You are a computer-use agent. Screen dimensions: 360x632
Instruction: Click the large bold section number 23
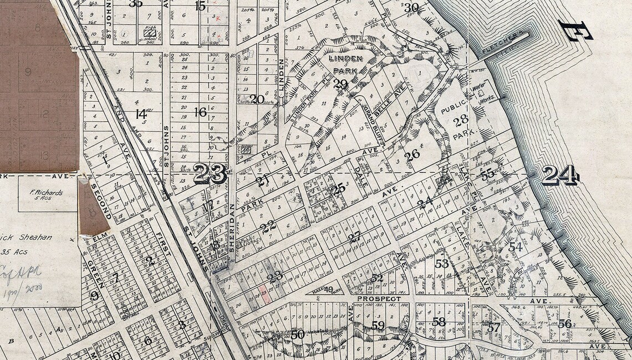pos(210,175)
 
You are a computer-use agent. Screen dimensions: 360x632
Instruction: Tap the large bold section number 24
pos(560,176)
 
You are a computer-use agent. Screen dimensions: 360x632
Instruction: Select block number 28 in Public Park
pos(461,119)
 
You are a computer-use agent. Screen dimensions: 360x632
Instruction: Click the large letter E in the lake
pos(574,31)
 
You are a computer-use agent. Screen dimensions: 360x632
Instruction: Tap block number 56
pos(565,323)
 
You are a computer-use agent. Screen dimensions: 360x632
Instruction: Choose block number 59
pos(378,325)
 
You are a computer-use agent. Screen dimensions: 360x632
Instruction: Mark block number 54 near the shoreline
pos(516,247)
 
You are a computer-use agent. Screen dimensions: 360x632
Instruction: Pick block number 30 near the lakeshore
pos(411,8)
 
